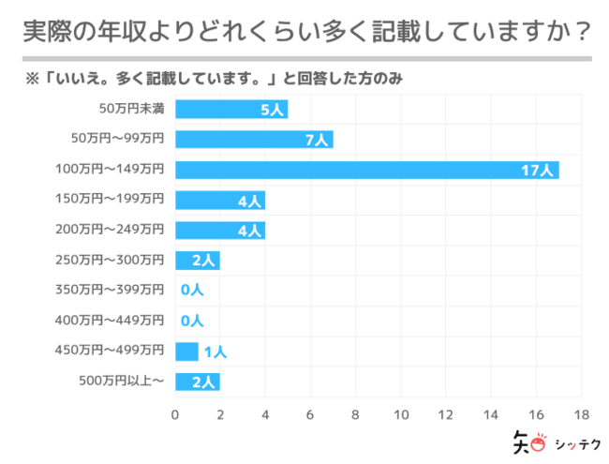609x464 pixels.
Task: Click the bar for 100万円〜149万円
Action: tap(366, 170)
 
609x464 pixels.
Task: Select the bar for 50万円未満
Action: tap(230, 109)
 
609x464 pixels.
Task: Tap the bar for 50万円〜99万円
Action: tap(253, 140)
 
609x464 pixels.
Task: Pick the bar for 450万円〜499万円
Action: tap(186, 352)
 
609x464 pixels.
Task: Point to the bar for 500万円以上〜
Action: tap(197, 382)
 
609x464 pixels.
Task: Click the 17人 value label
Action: tap(539, 170)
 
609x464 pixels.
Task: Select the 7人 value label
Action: tap(316, 140)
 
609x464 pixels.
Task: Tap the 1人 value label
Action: tap(215, 352)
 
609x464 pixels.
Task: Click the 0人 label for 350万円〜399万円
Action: tap(191, 291)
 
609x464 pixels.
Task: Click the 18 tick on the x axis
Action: tap(581, 413)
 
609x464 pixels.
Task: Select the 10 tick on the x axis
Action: tap(401, 413)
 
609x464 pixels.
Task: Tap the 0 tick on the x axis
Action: tap(175, 413)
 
